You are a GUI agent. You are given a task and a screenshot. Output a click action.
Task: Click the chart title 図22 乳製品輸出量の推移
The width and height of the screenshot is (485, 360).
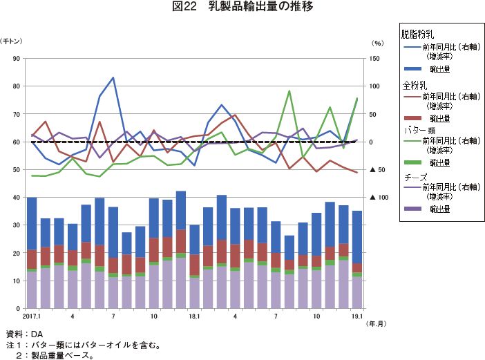tap(242, 8)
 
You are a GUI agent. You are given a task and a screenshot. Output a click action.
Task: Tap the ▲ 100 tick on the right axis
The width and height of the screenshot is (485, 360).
tap(377, 198)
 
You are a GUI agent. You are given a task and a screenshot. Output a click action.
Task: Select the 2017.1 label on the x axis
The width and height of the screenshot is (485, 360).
tap(32, 316)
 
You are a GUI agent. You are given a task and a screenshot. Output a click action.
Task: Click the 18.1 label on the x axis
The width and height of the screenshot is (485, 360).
tap(194, 316)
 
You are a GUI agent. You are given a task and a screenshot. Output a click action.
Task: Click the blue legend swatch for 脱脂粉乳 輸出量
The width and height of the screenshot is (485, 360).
tap(412, 69)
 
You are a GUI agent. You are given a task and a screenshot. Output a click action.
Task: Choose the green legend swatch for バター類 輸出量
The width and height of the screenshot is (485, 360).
tap(412, 162)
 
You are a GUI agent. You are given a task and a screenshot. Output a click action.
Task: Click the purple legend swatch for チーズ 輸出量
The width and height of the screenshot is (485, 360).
tap(412, 209)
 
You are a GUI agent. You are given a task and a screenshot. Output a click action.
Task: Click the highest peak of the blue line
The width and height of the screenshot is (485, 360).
tap(113, 77)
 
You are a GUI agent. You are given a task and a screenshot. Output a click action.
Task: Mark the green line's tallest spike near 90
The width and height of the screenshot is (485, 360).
tap(289, 91)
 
